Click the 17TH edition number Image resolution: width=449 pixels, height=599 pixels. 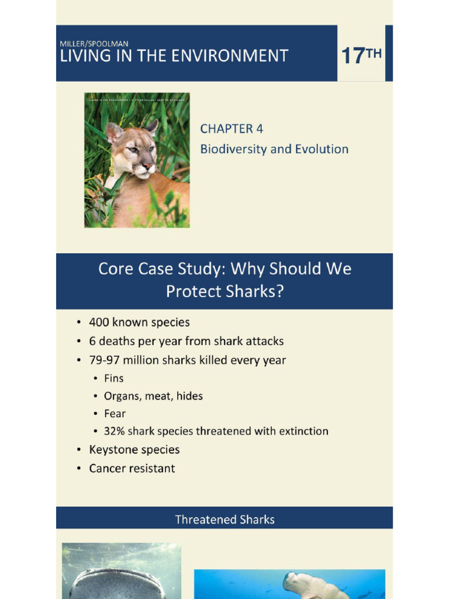tap(361, 56)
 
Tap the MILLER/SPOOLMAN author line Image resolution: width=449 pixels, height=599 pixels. tap(94, 43)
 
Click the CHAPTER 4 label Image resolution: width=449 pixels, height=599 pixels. tap(227, 129)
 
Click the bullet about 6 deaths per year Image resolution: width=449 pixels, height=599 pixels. tap(186, 341)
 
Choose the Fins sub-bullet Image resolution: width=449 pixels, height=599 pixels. tap(114, 378)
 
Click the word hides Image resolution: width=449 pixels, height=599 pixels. tap(190, 396)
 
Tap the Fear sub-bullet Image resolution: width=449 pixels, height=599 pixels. tap(115, 414)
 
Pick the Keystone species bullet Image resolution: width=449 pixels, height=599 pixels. tap(134, 450)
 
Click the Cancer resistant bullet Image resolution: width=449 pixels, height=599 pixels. tap(132, 469)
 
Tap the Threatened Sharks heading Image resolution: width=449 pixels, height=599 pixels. tap(224, 519)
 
